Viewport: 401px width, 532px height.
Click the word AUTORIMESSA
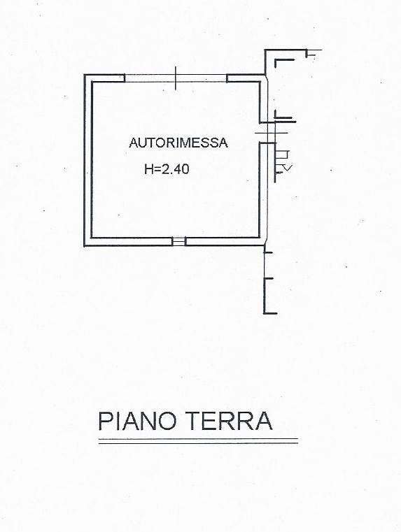[178, 143]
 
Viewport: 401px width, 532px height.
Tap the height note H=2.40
[167, 168]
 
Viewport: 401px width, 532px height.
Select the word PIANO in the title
[138, 421]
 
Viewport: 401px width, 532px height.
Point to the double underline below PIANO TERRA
[198, 441]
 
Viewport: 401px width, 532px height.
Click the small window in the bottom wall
[178, 241]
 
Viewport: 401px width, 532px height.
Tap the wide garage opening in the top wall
[176, 78]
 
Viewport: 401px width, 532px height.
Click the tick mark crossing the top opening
[176, 78]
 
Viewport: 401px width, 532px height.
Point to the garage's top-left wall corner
[85, 75]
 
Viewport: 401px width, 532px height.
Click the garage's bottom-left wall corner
[85, 245]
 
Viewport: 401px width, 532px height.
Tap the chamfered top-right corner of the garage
[265, 78]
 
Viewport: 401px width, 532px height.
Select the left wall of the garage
[87, 160]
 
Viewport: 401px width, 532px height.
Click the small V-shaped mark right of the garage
[288, 167]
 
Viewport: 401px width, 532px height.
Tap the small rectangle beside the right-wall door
[283, 154]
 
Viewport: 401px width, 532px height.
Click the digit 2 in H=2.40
[164, 168]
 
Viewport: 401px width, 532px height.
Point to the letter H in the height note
[148, 168]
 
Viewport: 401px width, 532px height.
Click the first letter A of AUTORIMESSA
[134, 143]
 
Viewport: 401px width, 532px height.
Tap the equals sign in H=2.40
[157, 169]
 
